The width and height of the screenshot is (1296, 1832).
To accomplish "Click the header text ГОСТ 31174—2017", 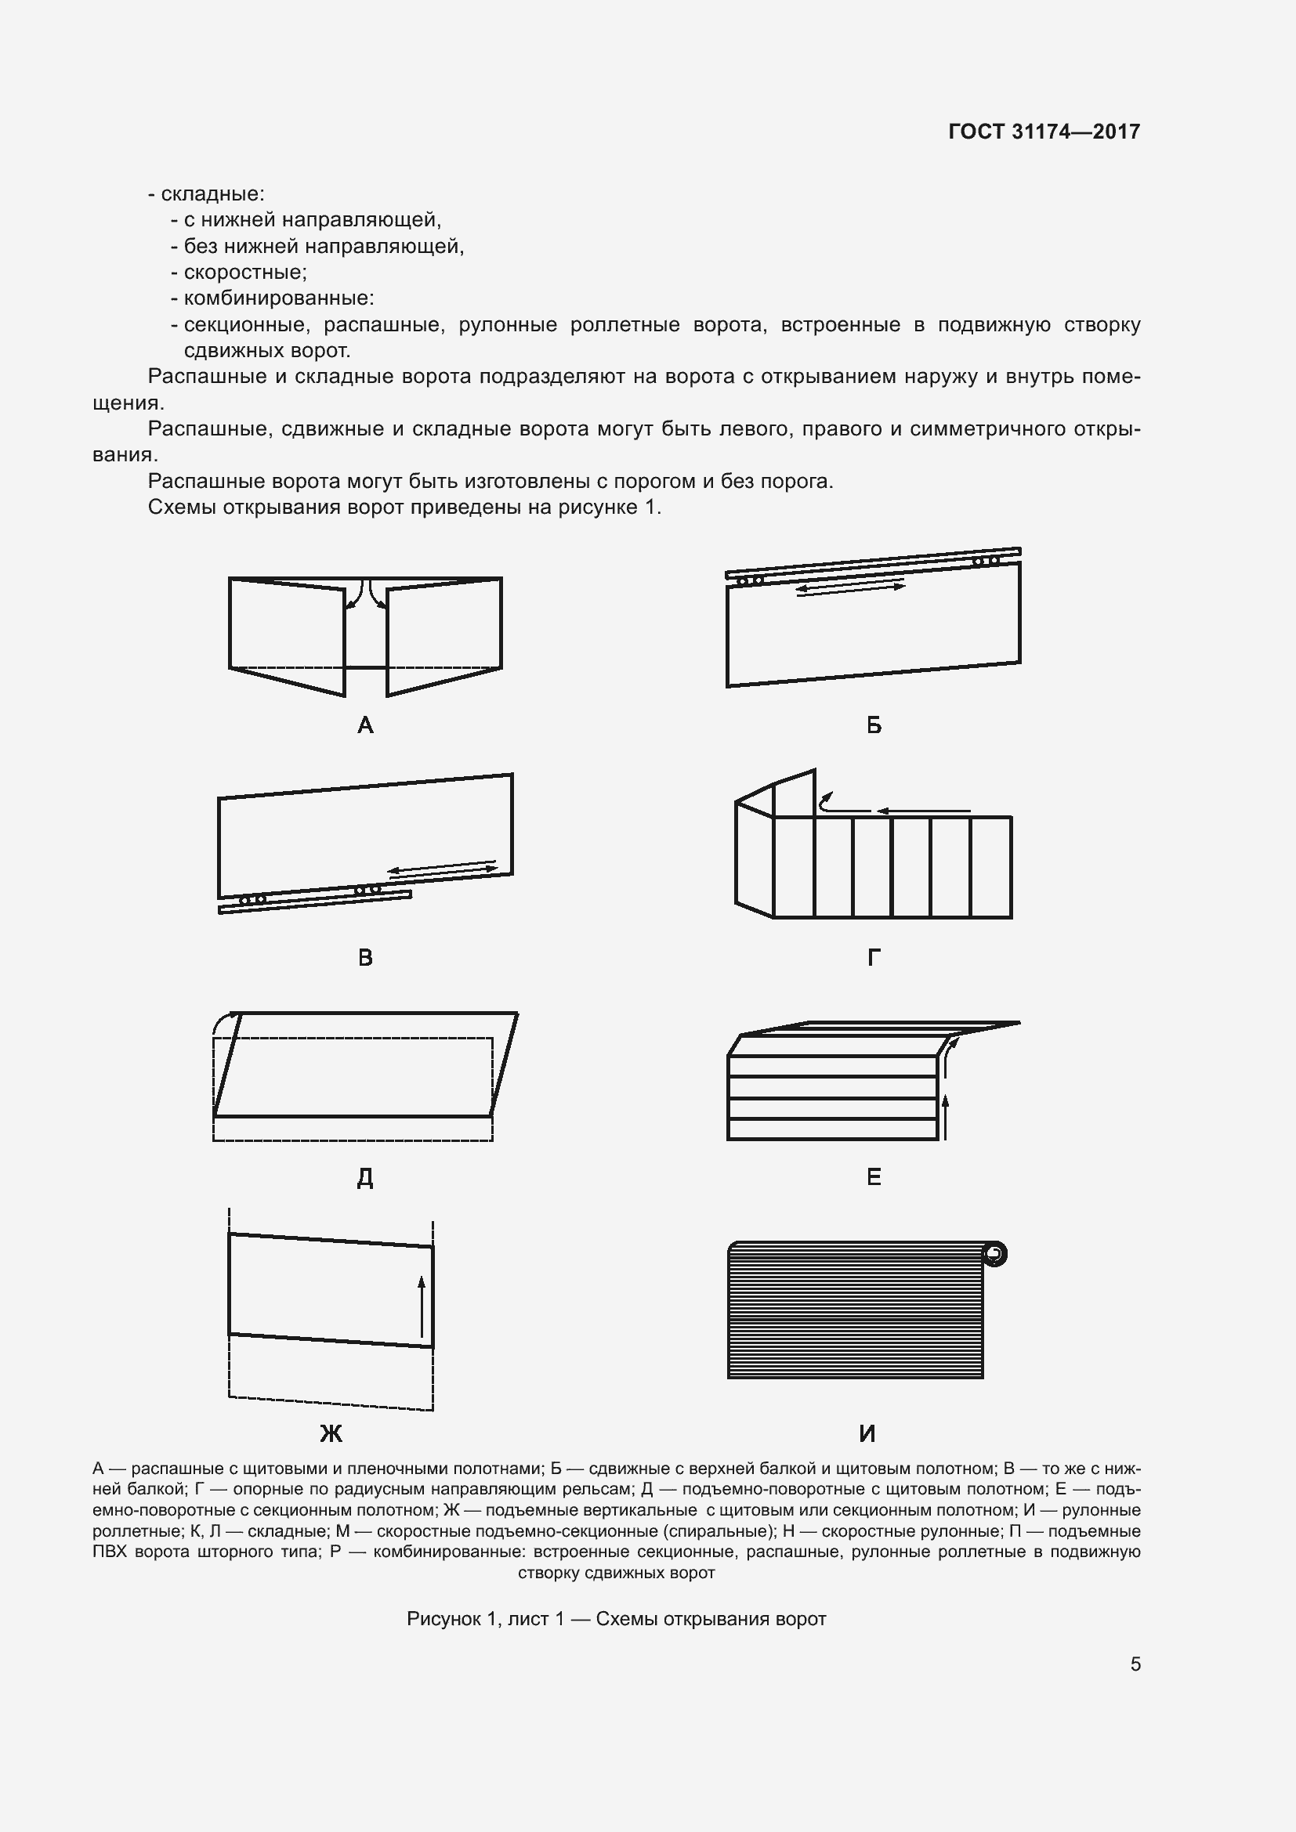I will [1044, 132].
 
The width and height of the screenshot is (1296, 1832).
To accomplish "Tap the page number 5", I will [1135, 1664].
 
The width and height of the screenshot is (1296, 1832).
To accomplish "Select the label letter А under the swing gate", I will [365, 725].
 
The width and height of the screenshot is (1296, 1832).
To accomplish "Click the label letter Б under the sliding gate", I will [874, 725].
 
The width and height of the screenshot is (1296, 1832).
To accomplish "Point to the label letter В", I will [365, 957].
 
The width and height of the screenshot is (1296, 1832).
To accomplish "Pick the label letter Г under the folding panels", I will [874, 957].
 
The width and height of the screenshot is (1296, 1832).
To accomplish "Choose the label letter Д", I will [364, 1178].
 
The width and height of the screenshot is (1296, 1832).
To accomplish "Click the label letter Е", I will [874, 1177].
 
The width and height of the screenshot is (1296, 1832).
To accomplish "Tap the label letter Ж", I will [331, 1434].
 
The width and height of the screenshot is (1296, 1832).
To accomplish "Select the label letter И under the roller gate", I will [867, 1434].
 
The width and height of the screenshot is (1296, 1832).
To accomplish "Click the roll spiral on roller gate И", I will [994, 1254].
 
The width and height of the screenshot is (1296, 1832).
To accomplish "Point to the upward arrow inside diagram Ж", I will [422, 1306].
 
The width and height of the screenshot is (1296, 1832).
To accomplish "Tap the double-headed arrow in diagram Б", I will [851, 588].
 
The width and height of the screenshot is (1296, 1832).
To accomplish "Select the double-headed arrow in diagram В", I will [442, 869].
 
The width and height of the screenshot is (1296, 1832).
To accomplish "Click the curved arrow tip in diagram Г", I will [827, 796].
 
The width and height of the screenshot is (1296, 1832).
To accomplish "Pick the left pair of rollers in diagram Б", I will [749, 580].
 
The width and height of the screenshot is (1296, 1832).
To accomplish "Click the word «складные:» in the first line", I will [212, 194].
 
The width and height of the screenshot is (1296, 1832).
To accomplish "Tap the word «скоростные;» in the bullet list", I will [245, 272].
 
